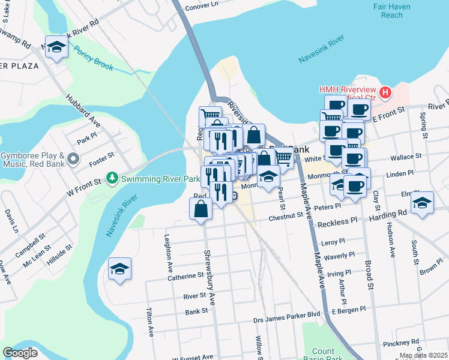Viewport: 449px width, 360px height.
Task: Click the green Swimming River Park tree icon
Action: coord(112,178)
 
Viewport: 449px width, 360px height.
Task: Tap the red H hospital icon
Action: coord(385,93)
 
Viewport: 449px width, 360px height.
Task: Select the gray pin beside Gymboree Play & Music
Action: coord(73,159)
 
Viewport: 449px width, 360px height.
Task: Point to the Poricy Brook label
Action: coord(93,58)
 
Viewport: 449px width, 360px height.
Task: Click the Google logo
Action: coord(20,353)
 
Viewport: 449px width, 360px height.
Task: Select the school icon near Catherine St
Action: coord(119,269)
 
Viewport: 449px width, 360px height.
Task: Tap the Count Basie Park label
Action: coord(323,355)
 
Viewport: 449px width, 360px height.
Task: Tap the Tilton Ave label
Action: coord(149,323)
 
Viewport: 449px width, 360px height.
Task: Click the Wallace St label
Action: coord(406,157)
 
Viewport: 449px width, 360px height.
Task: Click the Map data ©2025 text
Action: coord(423,355)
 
